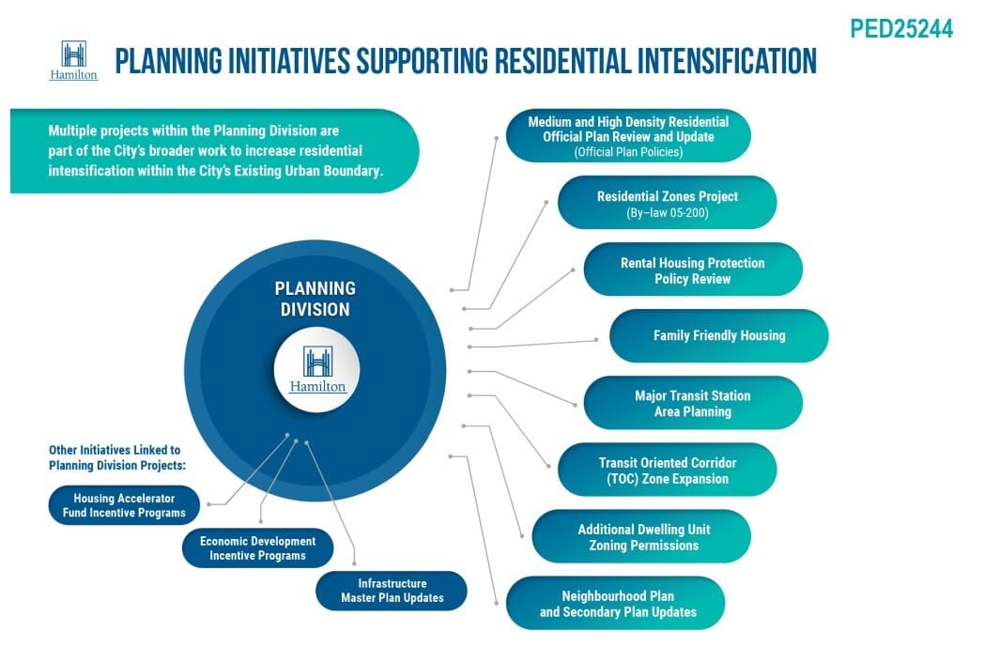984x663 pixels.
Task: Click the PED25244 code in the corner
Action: (901, 29)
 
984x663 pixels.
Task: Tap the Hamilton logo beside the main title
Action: (73, 61)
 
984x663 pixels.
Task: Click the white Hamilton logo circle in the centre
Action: (317, 370)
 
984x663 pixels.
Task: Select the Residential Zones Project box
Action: (667, 203)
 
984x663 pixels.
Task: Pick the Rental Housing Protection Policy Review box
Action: (693, 270)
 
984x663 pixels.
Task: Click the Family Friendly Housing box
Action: (718, 335)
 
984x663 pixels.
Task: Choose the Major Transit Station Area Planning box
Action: (693, 403)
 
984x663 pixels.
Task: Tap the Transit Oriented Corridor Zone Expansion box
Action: (667, 470)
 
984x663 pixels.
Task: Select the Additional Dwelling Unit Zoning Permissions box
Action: (641, 536)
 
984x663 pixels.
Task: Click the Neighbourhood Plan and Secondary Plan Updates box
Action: (616, 603)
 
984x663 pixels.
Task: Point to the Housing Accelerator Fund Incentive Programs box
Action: (124, 505)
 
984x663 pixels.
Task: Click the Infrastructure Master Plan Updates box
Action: (392, 591)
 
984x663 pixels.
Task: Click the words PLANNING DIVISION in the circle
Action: (315, 299)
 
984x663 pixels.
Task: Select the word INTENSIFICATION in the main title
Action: (722, 61)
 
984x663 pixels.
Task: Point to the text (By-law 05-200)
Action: (668, 213)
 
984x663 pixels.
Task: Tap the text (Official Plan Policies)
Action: (628, 151)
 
